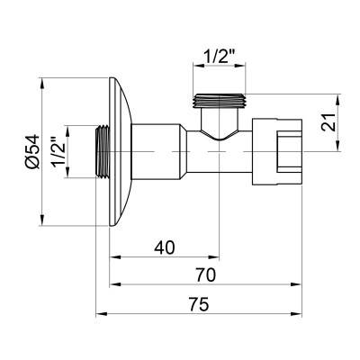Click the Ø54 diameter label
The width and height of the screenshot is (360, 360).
point(32,152)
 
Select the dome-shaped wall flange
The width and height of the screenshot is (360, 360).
point(121,152)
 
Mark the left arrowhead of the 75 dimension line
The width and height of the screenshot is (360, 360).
point(100,314)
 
